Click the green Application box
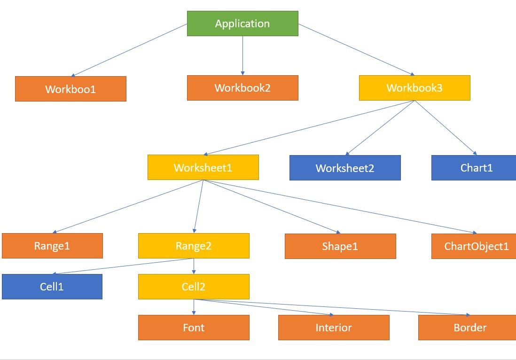click(x=242, y=23)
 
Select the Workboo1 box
click(x=70, y=89)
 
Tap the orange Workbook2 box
click(x=242, y=88)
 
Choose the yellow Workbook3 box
click(x=414, y=88)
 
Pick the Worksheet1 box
click(x=203, y=167)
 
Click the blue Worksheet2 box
click(x=345, y=168)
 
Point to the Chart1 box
click(x=474, y=168)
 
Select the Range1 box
click(x=52, y=246)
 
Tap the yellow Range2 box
click(x=194, y=246)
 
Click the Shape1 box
click(x=340, y=246)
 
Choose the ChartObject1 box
click(x=474, y=246)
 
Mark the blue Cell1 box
click(x=52, y=287)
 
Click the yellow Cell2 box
click(x=194, y=287)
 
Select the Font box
click(x=194, y=328)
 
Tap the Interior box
click(x=334, y=328)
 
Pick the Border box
click(x=467, y=328)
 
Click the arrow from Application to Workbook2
click(x=242, y=55)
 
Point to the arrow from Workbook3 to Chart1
click(x=446, y=127)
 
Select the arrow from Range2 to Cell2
click(x=194, y=266)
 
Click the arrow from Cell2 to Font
click(x=194, y=307)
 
